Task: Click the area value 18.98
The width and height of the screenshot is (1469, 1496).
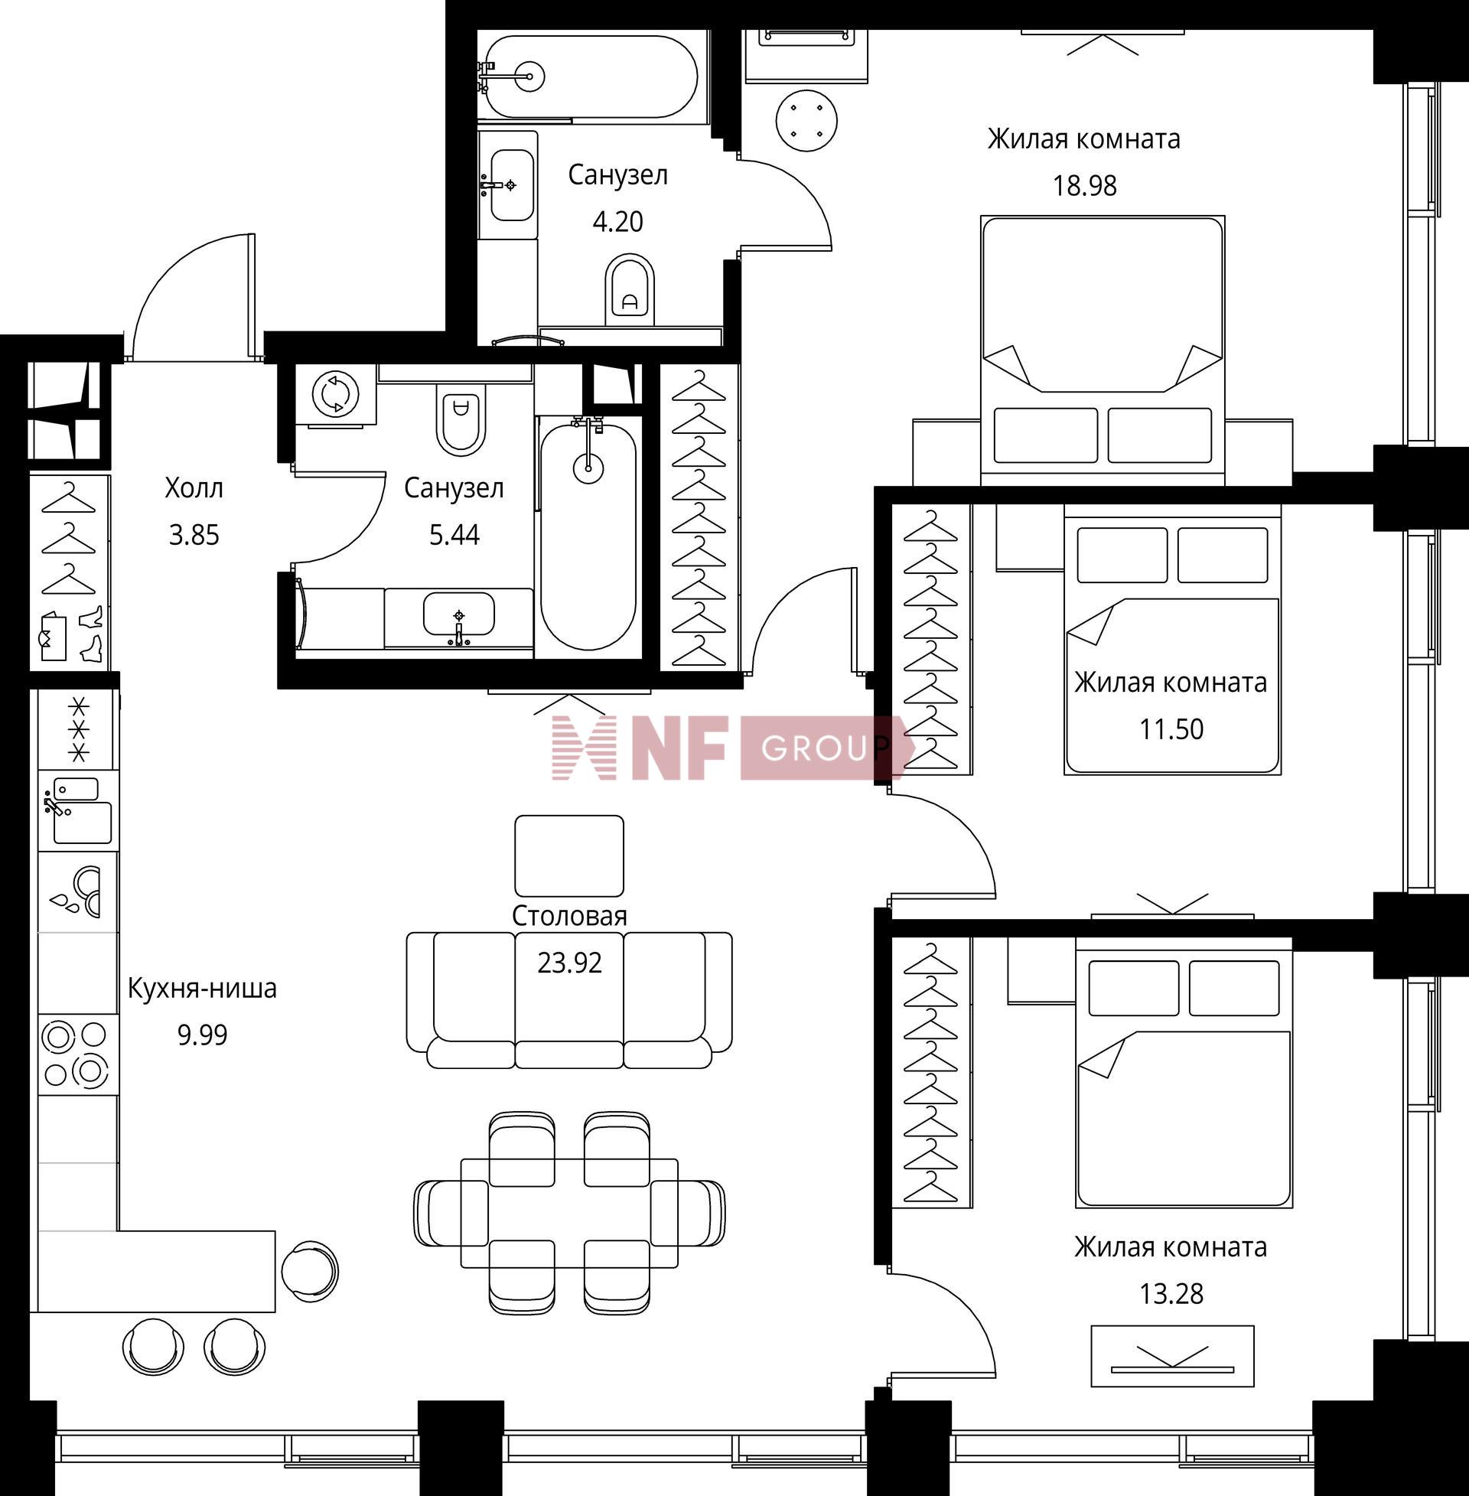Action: [x=1085, y=186]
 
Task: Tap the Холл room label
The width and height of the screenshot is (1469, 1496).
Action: [x=194, y=488]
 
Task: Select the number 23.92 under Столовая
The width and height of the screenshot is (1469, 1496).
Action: [x=569, y=963]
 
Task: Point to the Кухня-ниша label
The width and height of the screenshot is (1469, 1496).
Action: [x=202, y=989]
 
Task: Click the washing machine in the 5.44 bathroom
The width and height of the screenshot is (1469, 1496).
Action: [x=336, y=393]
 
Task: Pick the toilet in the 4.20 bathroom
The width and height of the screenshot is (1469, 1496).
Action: [x=630, y=291]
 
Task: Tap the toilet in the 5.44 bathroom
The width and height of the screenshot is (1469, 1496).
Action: [x=461, y=419]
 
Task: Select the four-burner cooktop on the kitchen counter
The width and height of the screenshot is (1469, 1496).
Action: [x=76, y=1054]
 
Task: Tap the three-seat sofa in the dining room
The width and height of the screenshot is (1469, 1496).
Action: [x=569, y=1001]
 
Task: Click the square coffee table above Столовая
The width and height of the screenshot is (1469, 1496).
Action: [x=569, y=856]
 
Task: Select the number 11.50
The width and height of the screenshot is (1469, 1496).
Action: [x=1171, y=729]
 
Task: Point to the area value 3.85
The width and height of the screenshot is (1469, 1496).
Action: [x=194, y=535]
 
